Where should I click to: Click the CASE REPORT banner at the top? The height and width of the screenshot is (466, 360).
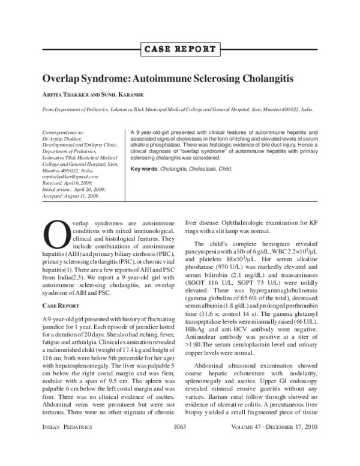180,49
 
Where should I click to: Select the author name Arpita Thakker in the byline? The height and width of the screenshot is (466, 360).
66,95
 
